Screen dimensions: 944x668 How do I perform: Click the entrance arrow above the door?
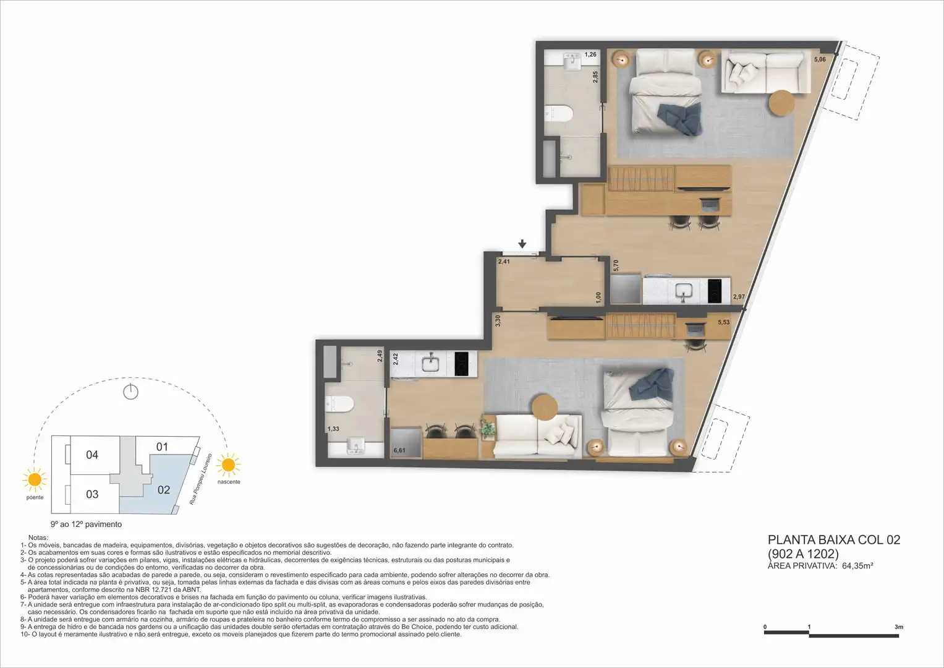tap(522, 244)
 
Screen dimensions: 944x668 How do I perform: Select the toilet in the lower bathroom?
tap(339, 403)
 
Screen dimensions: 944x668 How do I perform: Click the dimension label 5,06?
tap(820, 59)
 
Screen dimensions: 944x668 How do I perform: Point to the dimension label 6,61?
tap(399, 450)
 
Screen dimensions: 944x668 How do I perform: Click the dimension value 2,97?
tap(739, 296)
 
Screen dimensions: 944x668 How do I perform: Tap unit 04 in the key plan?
tap(92, 455)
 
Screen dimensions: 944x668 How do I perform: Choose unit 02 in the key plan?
tap(163, 490)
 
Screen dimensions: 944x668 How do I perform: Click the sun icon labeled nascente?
tap(228, 465)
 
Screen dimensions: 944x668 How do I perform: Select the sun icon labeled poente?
tap(35, 479)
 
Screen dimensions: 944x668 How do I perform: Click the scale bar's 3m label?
tap(899, 627)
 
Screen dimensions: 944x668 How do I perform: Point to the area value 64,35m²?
tap(857, 565)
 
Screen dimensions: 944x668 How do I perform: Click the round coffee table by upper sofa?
tap(782, 103)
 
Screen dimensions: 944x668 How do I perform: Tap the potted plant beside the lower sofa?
tap(488, 427)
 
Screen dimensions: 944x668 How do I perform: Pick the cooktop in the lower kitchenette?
tap(461, 364)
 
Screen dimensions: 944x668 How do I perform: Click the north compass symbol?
tap(130, 392)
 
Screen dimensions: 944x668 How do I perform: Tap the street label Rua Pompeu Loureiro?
tap(200, 479)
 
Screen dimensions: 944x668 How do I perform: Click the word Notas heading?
tap(38, 537)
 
